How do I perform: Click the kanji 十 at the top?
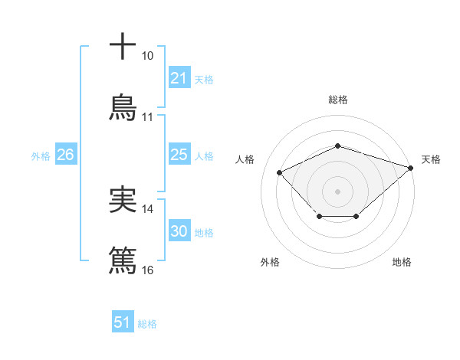(x=123, y=46)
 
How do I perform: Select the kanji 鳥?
(x=123, y=108)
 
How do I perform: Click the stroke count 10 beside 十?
(x=147, y=56)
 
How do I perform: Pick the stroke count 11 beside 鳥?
(x=147, y=117)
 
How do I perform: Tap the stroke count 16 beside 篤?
(x=147, y=270)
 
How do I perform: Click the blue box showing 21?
(x=179, y=78)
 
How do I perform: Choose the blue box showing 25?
(x=179, y=155)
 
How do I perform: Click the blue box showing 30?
(x=179, y=231)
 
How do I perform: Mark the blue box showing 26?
(x=65, y=155)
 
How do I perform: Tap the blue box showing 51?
(x=122, y=323)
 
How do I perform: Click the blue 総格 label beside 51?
(x=147, y=324)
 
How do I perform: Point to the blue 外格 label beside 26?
(x=41, y=156)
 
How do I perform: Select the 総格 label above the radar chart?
(x=337, y=100)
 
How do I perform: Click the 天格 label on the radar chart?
(x=431, y=159)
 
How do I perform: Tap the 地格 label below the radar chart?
(x=402, y=263)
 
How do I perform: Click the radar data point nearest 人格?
(x=280, y=172)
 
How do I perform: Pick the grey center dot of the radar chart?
(x=337, y=190)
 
